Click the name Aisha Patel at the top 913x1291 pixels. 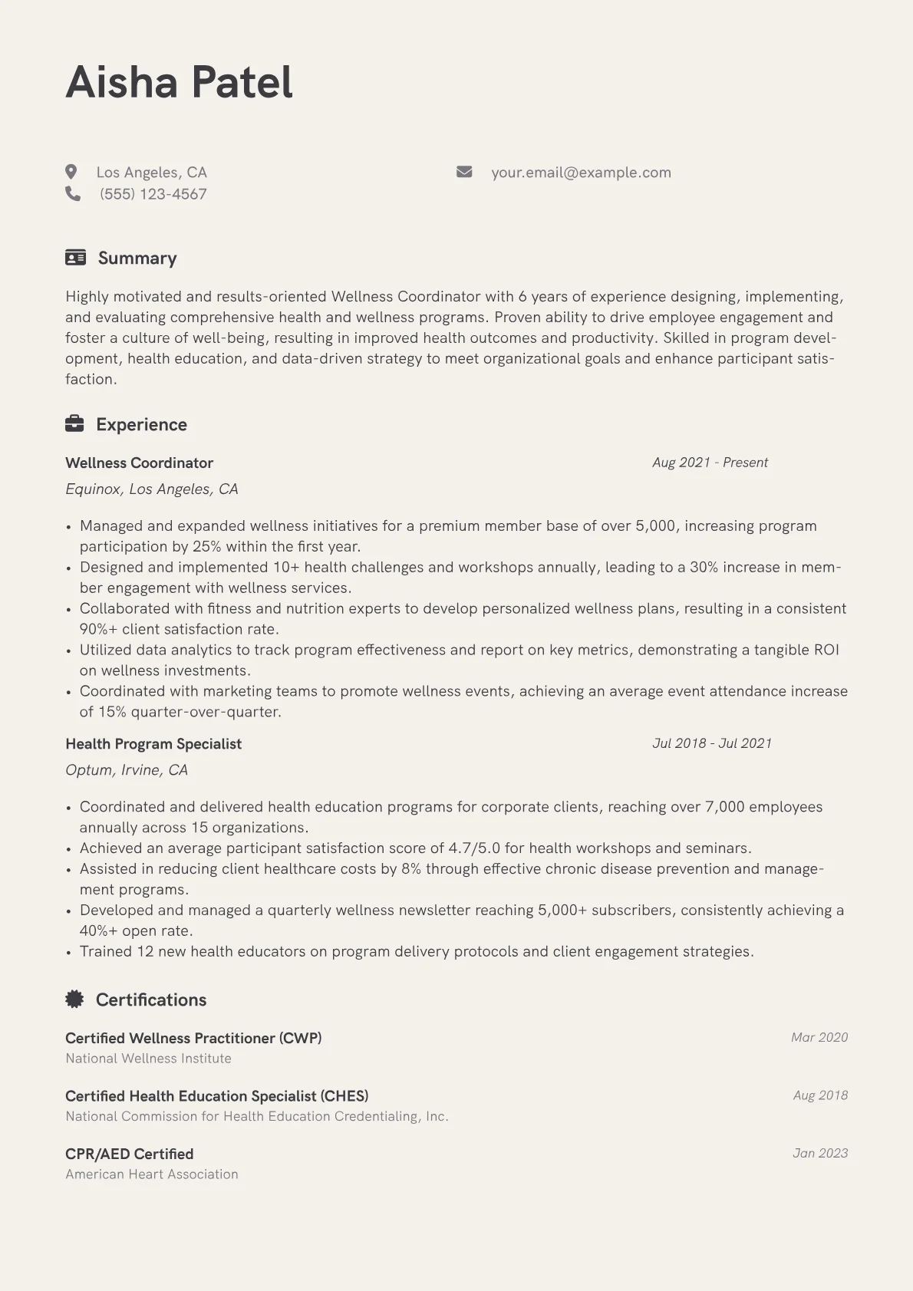179,82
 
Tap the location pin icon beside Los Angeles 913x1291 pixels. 71,172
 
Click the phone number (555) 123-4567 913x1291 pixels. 153,194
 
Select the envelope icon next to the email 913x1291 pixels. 464,172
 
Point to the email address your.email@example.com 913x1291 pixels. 581,173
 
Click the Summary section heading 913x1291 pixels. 137,258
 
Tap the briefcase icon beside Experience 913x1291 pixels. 74,423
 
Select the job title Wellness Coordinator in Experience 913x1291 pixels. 139,463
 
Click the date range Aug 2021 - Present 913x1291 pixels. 710,463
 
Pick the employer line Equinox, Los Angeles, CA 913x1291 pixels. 152,489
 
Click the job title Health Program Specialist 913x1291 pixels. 153,743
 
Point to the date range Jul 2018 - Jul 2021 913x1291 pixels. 712,743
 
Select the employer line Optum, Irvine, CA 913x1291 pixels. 127,770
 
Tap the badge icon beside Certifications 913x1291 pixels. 74,999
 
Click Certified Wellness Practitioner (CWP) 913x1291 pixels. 193,1038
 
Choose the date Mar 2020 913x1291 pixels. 819,1037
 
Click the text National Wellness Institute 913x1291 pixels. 148,1059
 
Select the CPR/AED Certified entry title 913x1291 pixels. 129,1154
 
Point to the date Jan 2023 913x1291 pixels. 820,1153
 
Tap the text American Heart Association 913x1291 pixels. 152,1174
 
